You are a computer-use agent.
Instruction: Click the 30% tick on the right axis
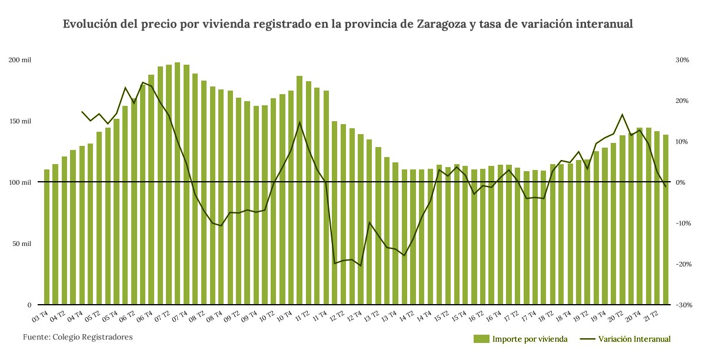point(682,60)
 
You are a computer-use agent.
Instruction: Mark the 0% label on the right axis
point(681,182)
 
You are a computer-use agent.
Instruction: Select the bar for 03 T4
point(46,237)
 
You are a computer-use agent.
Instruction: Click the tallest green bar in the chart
point(177,184)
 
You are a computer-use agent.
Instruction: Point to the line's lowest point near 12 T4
point(360,266)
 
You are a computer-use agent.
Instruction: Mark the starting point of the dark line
point(82,111)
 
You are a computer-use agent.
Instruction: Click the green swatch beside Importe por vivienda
point(481,339)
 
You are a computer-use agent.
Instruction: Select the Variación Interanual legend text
point(634,339)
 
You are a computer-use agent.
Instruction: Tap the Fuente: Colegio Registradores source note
point(78,337)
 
